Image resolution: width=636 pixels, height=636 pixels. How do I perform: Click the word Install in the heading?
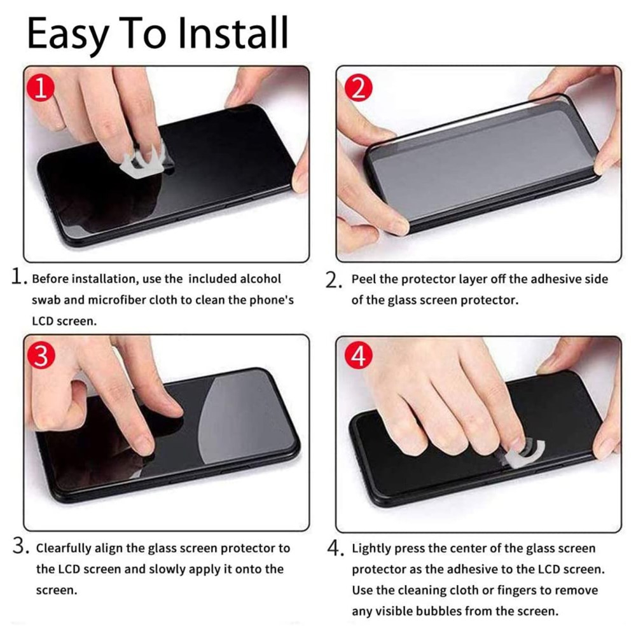point(233,32)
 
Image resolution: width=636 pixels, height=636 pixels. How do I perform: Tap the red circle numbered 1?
point(41,87)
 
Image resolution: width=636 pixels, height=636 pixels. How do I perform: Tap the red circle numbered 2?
point(359,88)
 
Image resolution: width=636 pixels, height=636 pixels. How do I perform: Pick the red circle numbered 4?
point(359,356)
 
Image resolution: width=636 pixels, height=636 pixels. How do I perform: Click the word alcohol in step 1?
point(260,279)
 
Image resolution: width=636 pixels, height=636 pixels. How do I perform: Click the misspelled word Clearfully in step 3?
point(64,548)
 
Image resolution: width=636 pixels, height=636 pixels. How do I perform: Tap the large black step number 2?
point(333,280)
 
